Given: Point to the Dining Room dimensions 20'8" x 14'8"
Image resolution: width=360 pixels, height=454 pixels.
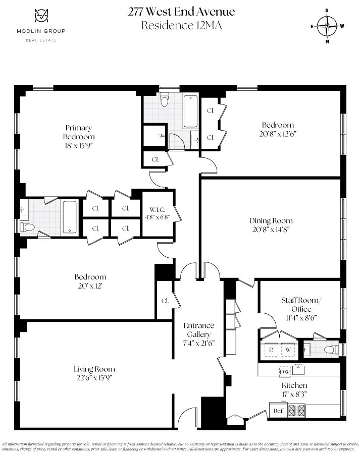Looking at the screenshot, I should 271,229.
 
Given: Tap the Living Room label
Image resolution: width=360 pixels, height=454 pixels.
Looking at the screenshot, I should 94,369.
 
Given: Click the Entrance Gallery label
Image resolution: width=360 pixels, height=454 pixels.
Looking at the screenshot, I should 198,329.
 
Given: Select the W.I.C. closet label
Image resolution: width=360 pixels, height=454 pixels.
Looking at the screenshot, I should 157,209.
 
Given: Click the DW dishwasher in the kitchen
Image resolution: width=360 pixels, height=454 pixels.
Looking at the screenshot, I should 285,371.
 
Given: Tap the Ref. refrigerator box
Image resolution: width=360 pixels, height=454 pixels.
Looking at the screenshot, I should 278,411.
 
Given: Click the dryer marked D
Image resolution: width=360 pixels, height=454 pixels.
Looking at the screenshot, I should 271,350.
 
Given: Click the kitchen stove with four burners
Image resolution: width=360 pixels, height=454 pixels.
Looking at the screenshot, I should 296,411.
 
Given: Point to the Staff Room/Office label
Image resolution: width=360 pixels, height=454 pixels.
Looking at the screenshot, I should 301,305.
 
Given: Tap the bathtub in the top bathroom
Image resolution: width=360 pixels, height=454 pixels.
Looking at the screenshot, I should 190,111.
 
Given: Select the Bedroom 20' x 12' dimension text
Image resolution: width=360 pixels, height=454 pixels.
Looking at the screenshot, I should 90,286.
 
